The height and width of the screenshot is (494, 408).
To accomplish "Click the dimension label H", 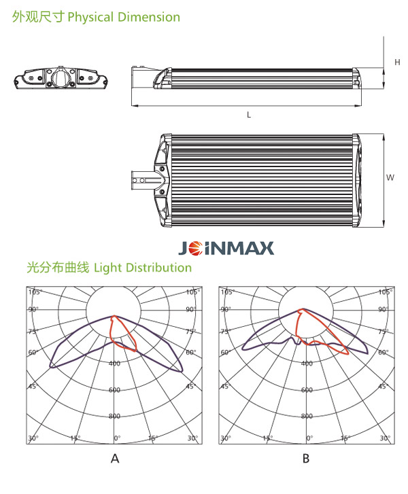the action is [x=397, y=62].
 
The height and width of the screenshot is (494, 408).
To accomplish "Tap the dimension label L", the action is [x=249, y=115].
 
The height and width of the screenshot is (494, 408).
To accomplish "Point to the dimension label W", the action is [x=390, y=177].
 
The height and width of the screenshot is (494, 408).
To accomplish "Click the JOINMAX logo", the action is [x=226, y=248].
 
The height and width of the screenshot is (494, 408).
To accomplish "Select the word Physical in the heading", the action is [x=90, y=17].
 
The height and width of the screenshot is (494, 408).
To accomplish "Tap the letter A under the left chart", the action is [x=115, y=459].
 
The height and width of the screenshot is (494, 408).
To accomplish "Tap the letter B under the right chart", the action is [x=306, y=459].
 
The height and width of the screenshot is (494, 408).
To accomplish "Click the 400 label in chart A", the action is [x=114, y=364].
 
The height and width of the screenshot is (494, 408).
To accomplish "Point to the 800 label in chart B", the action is [x=307, y=416].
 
